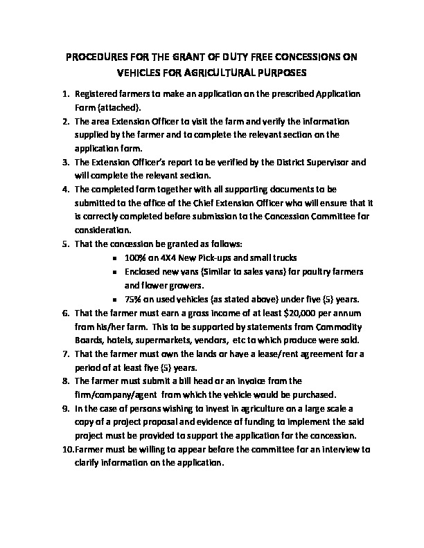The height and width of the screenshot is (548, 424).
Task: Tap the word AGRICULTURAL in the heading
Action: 238,71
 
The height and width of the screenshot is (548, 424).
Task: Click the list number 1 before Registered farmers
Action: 65,93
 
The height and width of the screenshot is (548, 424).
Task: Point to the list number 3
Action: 65,162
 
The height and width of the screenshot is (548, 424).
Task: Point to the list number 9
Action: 65,408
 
